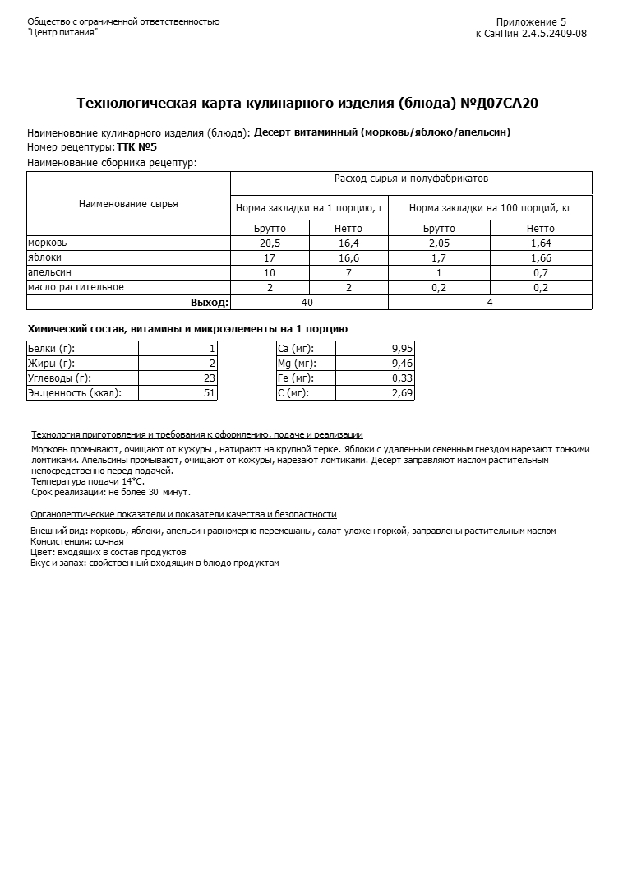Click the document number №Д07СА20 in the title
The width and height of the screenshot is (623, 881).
pyautogui.click(x=499, y=103)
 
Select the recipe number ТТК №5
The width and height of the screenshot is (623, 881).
pyautogui.click(x=136, y=147)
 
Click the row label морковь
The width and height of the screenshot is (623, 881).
pyautogui.click(x=48, y=243)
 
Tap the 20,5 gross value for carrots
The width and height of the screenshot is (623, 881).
pyautogui.click(x=270, y=243)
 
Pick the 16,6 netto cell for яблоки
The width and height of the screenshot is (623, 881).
pyautogui.click(x=348, y=257)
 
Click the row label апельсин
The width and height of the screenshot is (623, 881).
pyautogui.click(x=49, y=272)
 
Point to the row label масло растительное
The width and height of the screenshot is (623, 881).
pyautogui.click(x=76, y=287)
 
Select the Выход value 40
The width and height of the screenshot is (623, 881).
pyautogui.click(x=307, y=303)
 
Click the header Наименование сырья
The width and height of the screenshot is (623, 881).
pyautogui.click(x=128, y=204)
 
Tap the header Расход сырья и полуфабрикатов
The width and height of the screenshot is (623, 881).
pyautogui.click(x=411, y=179)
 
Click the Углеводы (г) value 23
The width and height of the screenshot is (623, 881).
pyautogui.click(x=209, y=378)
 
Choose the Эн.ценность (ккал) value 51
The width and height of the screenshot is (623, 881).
pyautogui.click(x=209, y=393)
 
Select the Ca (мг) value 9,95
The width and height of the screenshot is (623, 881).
pyautogui.click(x=402, y=349)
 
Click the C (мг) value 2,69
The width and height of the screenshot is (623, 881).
pyautogui.click(x=402, y=393)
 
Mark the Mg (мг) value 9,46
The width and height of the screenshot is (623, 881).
pyautogui.click(x=402, y=364)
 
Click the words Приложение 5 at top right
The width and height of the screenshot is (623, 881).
pyautogui.click(x=531, y=22)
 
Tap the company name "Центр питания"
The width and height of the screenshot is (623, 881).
pyautogui.click(x=62, y=32)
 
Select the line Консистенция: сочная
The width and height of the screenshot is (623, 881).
pyautogui.click(x=77, y=541)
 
